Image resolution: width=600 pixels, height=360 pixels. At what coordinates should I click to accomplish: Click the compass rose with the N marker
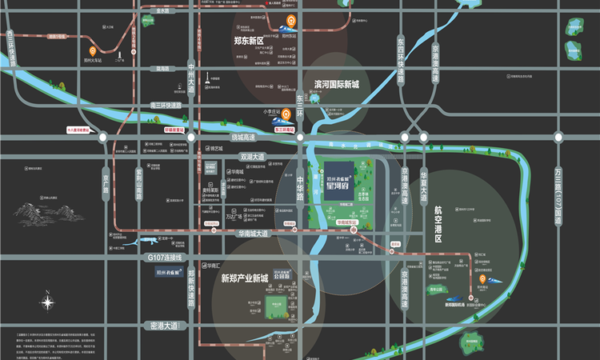(x=48, y=302)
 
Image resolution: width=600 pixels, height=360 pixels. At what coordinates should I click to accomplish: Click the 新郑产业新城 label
(x=243, y=278)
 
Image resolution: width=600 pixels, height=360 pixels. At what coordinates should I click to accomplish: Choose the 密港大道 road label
(x=165, y=326)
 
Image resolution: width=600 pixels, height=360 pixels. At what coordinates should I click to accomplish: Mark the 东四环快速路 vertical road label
(x=402, y=56)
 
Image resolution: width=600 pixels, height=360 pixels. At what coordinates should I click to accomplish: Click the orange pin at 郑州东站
(x=291, y=22)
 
